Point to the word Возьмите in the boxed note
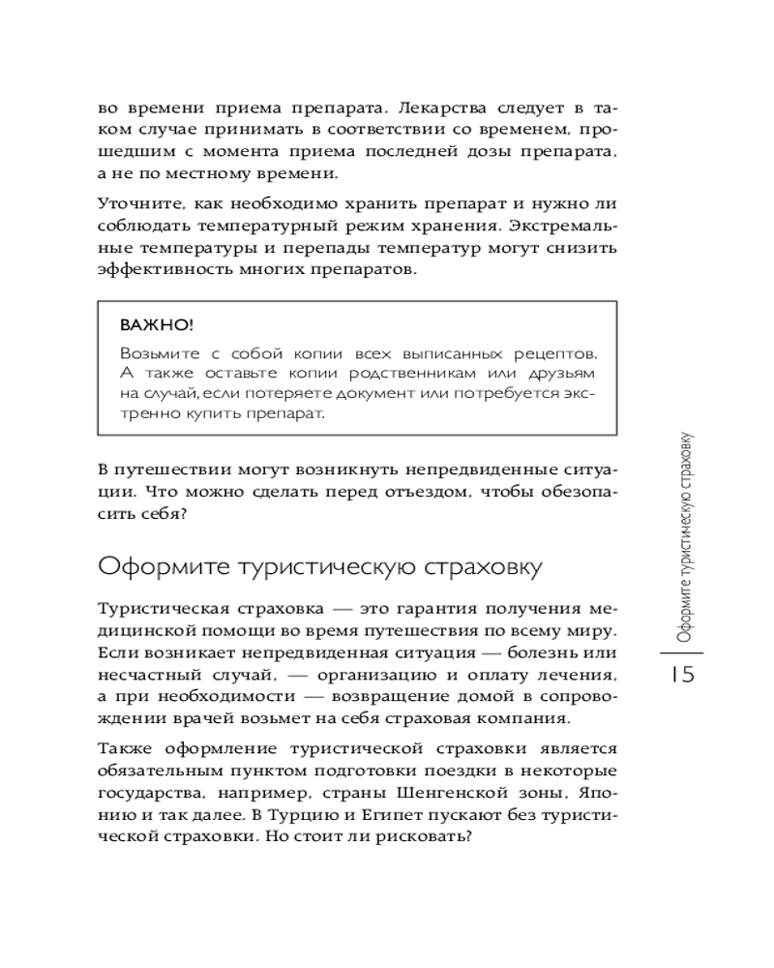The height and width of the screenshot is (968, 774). pyautogui.click(x=156, y=351)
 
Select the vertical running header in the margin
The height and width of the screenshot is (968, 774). pyautogui.click(x=684, y=537)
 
